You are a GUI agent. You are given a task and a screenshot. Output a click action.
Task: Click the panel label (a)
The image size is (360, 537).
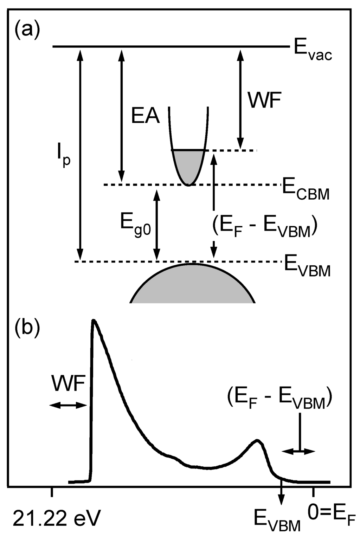pos(26,30)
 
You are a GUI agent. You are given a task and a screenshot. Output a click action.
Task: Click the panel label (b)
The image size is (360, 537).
pos(26,328)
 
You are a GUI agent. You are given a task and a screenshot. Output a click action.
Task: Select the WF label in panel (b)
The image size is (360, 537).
pos(68,384)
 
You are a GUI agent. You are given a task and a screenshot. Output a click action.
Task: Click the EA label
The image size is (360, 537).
pos(146,117)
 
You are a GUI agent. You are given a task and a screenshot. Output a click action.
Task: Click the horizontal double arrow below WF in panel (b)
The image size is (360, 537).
pos(68,405)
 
